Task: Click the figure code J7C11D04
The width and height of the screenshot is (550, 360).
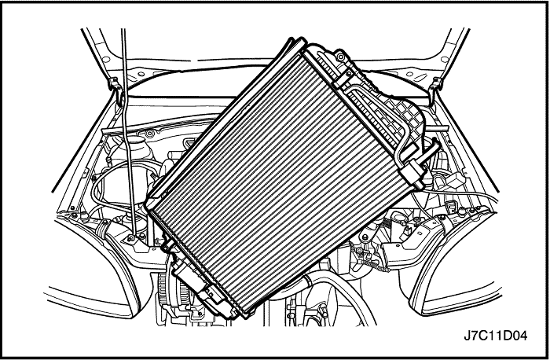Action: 495,336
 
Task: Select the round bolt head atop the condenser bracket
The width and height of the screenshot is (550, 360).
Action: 340,56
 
